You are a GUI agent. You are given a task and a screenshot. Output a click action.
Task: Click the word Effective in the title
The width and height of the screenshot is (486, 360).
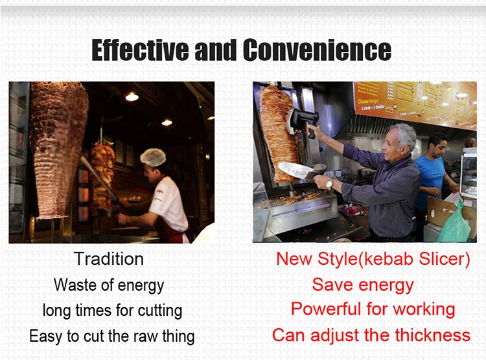[140, 50]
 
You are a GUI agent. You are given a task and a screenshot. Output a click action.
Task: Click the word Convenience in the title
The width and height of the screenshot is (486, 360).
[317, 50]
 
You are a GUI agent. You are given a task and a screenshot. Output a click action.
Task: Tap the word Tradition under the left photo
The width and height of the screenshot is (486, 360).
[109, 259]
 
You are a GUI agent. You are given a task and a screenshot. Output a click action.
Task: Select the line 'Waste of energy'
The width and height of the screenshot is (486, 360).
[109, 285]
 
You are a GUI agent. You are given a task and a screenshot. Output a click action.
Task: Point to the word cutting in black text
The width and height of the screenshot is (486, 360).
[160, 311]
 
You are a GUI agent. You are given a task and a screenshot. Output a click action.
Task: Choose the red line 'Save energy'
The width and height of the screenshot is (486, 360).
[363, 284]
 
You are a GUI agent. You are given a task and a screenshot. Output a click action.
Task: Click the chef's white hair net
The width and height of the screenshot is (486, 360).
[153, 157]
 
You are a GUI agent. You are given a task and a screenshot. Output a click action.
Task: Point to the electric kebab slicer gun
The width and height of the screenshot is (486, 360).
[304, 122]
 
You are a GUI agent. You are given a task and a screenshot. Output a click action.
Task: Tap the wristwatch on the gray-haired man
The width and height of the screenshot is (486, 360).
[329, 184]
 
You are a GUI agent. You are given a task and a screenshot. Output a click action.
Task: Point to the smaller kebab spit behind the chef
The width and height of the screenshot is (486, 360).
[102, 175]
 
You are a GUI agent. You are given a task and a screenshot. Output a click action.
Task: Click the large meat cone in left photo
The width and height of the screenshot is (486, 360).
[58, 149]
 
